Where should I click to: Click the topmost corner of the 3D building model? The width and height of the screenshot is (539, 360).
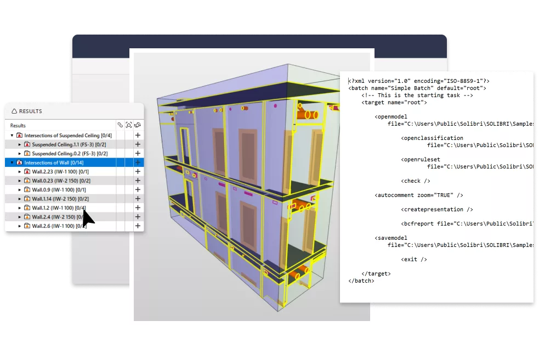click(x=288, y=64)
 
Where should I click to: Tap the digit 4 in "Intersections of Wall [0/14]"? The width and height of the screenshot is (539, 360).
click(x=81, y=163)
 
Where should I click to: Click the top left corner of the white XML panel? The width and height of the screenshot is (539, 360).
click(x=340, y=71)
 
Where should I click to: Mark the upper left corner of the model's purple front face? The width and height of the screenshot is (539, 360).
click(x=157, y=99)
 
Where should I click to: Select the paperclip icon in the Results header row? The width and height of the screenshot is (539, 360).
click(x=120, y=125)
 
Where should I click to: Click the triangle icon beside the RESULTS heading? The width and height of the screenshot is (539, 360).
click(x=14, y=111)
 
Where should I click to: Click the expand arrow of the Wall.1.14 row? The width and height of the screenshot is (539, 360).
click(x=20, y=199)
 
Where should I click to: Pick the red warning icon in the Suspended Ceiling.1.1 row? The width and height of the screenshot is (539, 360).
click(x=27, y=144)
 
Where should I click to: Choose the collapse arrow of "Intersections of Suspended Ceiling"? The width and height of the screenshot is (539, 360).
click(x=12, y=136)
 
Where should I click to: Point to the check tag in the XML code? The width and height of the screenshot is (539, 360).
click(x=416, y=181)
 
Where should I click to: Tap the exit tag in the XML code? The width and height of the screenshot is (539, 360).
click(x=414, y=260)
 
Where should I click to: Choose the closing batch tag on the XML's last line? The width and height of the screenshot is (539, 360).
click(x=361, y=281)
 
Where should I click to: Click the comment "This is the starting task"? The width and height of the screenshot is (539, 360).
click(x=417, y=95)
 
